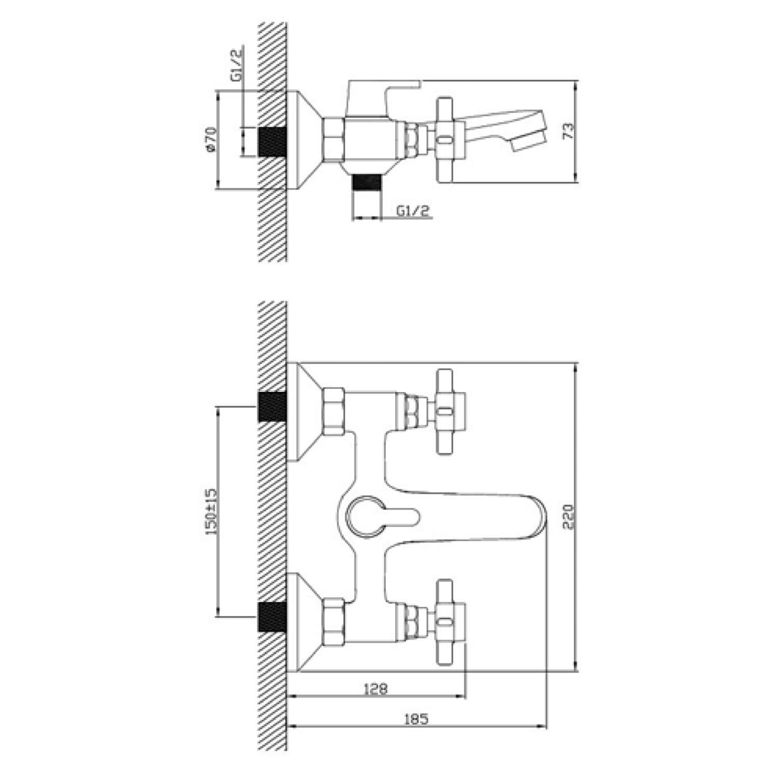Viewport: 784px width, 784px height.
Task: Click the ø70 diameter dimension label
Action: [210, 140]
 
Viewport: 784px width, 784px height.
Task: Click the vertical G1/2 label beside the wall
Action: [237, 65]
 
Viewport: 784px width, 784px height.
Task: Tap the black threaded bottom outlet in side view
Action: [366, 181]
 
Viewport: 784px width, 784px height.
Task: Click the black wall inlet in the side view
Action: [272, 141]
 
